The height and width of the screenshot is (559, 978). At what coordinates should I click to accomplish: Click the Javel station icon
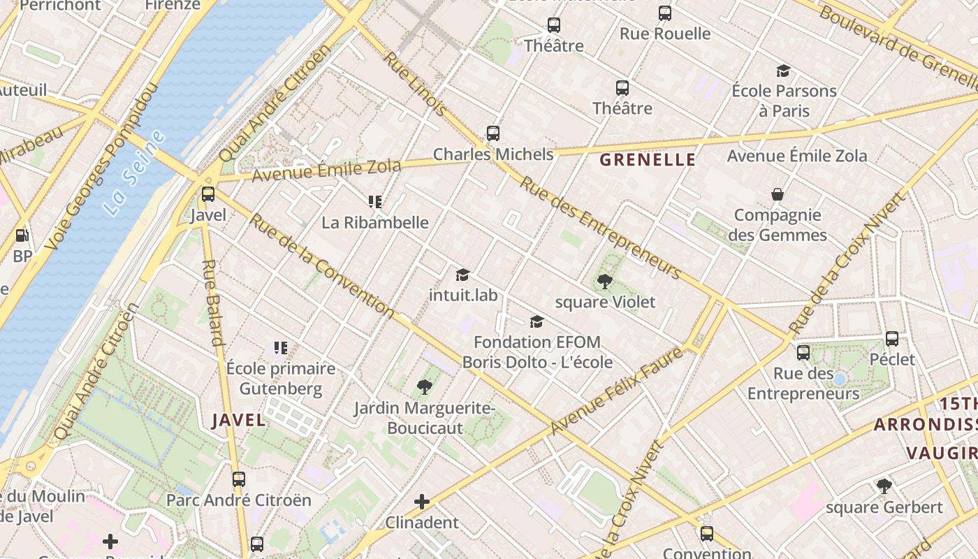[x=207, y=194]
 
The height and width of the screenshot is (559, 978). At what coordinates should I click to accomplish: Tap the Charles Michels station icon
[x=493, y=133]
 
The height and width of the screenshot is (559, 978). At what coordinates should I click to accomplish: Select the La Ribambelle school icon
[x=375, y=202]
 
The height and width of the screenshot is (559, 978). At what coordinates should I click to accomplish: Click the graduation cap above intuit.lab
[x=462, y=275]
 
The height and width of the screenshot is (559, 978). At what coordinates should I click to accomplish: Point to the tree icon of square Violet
[x=605, y=282]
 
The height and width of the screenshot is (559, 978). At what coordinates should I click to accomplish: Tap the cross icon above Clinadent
[x=422, y=502]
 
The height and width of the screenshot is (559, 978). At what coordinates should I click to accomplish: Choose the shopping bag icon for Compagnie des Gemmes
[x=777, y=194]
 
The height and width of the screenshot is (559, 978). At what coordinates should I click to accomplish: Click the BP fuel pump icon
[x=22, y=236]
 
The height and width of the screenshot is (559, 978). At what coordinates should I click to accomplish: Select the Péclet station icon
[x=892, y=339]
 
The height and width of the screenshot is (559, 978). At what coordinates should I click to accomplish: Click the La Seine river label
[x=134, y=172]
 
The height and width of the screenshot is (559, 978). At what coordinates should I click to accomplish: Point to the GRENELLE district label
[x=648, y=160]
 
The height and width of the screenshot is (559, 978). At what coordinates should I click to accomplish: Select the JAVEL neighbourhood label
[x=239, y=420]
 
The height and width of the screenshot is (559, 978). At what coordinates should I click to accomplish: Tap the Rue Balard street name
[x=212, y=303]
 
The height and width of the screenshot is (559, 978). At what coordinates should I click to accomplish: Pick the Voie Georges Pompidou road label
[x=101, y=168]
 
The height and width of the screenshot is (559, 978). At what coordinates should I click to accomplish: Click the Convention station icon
[x=707, y=534]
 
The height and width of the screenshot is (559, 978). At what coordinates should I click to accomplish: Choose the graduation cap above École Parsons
[x=783, y=71]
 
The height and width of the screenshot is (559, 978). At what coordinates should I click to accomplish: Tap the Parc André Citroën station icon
[x=239, y=479]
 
